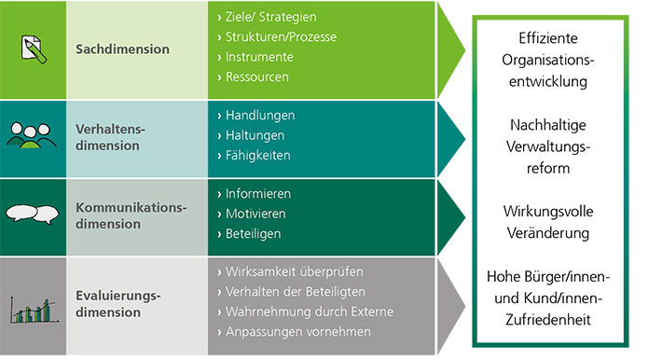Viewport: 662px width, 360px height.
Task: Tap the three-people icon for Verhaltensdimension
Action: click(x=33, y=134)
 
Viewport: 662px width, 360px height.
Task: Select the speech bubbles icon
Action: click(x=33, y=214)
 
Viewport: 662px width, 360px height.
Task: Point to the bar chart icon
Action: click(x=33, y=308)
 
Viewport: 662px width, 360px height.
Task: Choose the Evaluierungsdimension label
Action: click(x=117, y=304)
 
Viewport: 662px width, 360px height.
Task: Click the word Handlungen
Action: click(x=260, y=116)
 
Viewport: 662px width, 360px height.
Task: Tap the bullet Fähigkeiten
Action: click(x=260, y=155)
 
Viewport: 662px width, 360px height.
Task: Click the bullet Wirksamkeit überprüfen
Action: click(x=295, y=272)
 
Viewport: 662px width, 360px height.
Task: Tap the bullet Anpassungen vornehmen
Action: click(x=298, y=331)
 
